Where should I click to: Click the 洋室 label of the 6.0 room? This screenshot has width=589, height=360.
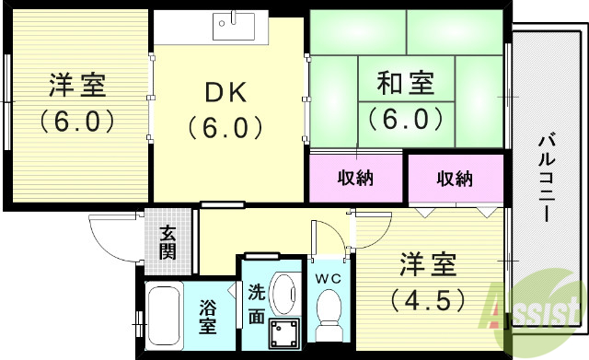[77, 87]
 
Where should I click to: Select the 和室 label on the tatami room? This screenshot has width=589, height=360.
[406, 85]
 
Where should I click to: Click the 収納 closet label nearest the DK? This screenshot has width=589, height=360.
[355, 178]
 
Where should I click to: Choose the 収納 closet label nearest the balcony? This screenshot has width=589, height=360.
[454, 178]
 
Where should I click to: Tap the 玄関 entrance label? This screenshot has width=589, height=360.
[167, 242]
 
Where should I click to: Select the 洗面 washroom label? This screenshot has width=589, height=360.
[257, 304]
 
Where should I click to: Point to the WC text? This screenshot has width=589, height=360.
[328, 279]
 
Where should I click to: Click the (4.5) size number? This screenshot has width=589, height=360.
[427, 300]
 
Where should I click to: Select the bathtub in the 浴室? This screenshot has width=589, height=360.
[165, 318]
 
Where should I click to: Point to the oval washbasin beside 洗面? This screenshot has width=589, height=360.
[286, 295]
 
